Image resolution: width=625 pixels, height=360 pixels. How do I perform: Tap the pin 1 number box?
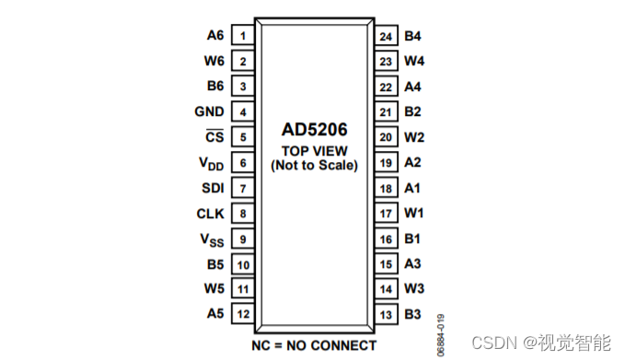(x=243, y=36)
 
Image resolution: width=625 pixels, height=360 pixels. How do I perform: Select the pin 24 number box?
(x=386, y=36)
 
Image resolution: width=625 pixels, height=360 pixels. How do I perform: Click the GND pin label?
(x=209, y=112)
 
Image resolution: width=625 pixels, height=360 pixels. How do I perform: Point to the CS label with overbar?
(x=214, y=137)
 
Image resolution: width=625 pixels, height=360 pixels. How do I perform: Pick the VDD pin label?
(x=211, y=163)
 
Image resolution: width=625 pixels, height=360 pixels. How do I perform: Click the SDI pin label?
(x=212, y=188)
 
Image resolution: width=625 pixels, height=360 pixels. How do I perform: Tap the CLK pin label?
(x=210, y=214)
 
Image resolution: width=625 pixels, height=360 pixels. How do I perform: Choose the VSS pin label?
(x=212, y=238)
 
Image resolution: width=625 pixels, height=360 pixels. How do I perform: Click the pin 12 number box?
(x=243, y=314)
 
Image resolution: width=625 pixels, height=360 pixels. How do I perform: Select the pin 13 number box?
(x=386, y=314)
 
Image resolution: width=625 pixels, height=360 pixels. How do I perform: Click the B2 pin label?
(x=412, y=112)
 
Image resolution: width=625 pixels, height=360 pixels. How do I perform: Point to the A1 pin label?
(x=412, y=188)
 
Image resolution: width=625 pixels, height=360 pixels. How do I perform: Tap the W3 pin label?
(x=413, y=289)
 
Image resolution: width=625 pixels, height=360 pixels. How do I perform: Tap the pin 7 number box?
(x=243, y=188)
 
